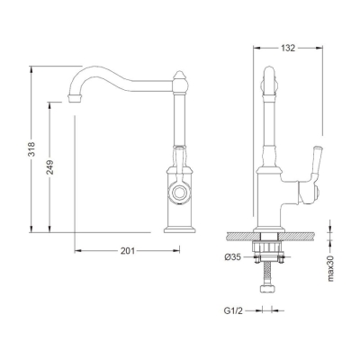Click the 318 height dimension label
pyautogui.click(x=31, y=148)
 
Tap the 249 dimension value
pyautogui.click(x=49, y=167)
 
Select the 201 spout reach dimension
pyautogui.click(x=128, y=251)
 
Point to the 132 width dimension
pyautogui.click(x=288, y=48)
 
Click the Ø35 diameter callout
pyautogui.click(x=233, y=257)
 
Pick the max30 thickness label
pyautogui.click(x=330, y=268)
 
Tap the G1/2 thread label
pyautogui.click(x=233, y=310)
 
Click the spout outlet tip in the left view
pyautogui.click(x=75, y=98)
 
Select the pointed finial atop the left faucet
pyautogui.click(x=179, y=75)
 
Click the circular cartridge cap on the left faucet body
pyautogui.click(x=179, y=193)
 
